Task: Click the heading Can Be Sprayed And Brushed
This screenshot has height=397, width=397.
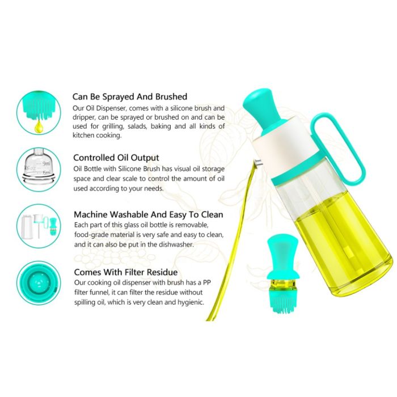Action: (130, 97)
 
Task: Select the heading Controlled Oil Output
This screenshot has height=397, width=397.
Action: (116, 158)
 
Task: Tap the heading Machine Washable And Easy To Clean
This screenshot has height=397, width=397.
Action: (149, 214)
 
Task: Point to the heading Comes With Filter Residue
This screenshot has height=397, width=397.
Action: (126, 272)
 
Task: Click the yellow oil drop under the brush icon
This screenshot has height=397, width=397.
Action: (39, 125)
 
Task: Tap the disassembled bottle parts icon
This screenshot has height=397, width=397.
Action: (39, 226)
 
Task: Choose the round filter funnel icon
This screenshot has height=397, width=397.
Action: (39, 283)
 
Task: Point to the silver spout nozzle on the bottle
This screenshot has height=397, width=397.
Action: (258, 163)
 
